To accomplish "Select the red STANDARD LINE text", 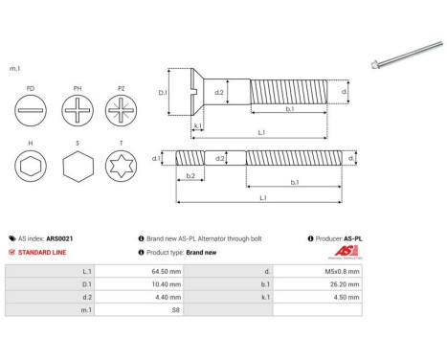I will [42, 252].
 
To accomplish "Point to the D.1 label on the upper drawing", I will [163, 93].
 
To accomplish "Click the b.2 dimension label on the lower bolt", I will [190, 176].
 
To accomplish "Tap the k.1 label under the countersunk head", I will [196, 125].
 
